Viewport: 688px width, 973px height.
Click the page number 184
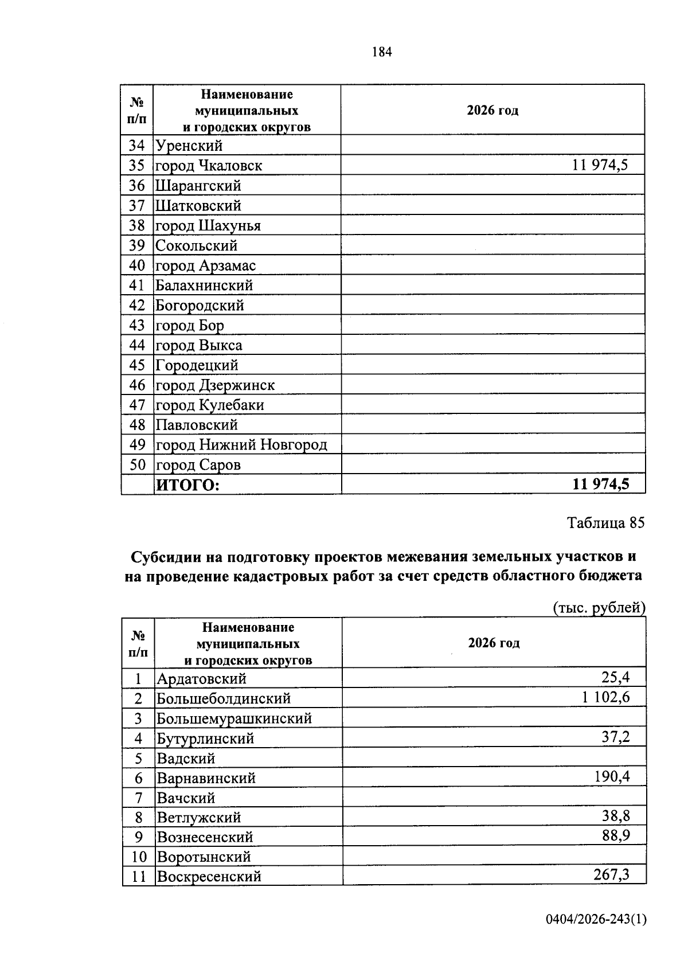coord(382,52)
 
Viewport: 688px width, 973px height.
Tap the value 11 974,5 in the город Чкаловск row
coord(600,166)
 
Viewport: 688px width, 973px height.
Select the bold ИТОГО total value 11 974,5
coord(600,484)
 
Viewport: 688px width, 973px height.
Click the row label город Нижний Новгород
coord(241,445)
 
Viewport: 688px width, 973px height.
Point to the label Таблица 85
coord(605,523)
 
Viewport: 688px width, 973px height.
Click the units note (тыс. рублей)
coord(599,608)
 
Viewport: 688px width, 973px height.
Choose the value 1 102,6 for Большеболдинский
coord(605,698)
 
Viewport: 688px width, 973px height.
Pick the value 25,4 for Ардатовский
coord(615,678)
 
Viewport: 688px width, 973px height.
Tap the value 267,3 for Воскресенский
coord(611,875)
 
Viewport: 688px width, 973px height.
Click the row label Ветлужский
coord(199,818)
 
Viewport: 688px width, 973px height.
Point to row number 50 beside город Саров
coord(138,464)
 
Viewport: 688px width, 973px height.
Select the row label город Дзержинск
coord(215,385)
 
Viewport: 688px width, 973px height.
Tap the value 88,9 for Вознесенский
coord(616,836)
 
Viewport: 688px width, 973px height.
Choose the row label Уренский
coord(189,146)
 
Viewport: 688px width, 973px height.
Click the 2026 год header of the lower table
coord(494,643)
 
